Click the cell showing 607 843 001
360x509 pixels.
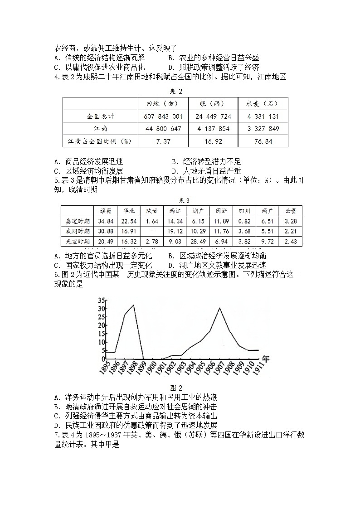[x=162, y=116]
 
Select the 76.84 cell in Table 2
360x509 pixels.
[x=263, y=141]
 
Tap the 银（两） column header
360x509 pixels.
[x=213, y=104]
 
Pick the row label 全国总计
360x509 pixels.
[x=101, y=116]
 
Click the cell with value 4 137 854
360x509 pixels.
[x=213, y=129]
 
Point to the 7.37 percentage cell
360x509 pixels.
[x=162, y=141]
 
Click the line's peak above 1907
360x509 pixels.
[x=220, y=308]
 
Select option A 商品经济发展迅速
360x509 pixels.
[x=88, y=161]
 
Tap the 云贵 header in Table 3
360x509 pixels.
[x=291, y=211]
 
